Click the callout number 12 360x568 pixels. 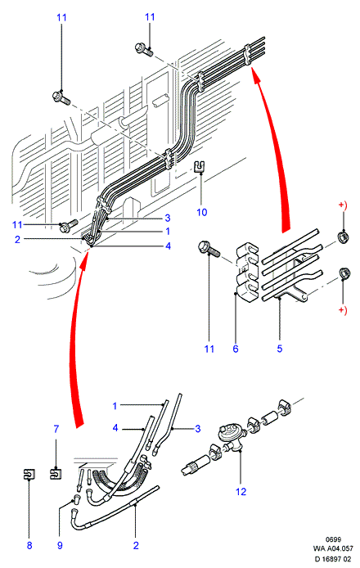[241, 492]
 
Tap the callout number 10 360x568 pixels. [202, 212]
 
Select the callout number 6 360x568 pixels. [236, 349]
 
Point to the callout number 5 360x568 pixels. [280, 349]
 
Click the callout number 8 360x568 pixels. [29, 545]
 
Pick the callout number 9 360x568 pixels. [60, 545]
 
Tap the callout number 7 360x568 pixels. [56, 429]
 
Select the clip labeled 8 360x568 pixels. [29, 474]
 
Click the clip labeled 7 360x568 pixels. [55, 473]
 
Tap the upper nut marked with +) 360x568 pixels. [344, 237]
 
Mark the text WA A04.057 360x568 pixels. [333, 548]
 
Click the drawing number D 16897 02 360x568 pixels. [333, 559]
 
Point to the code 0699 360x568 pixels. [333, 539]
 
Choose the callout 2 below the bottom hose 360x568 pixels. [136, 545]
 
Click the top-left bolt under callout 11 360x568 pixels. [61, 98]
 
